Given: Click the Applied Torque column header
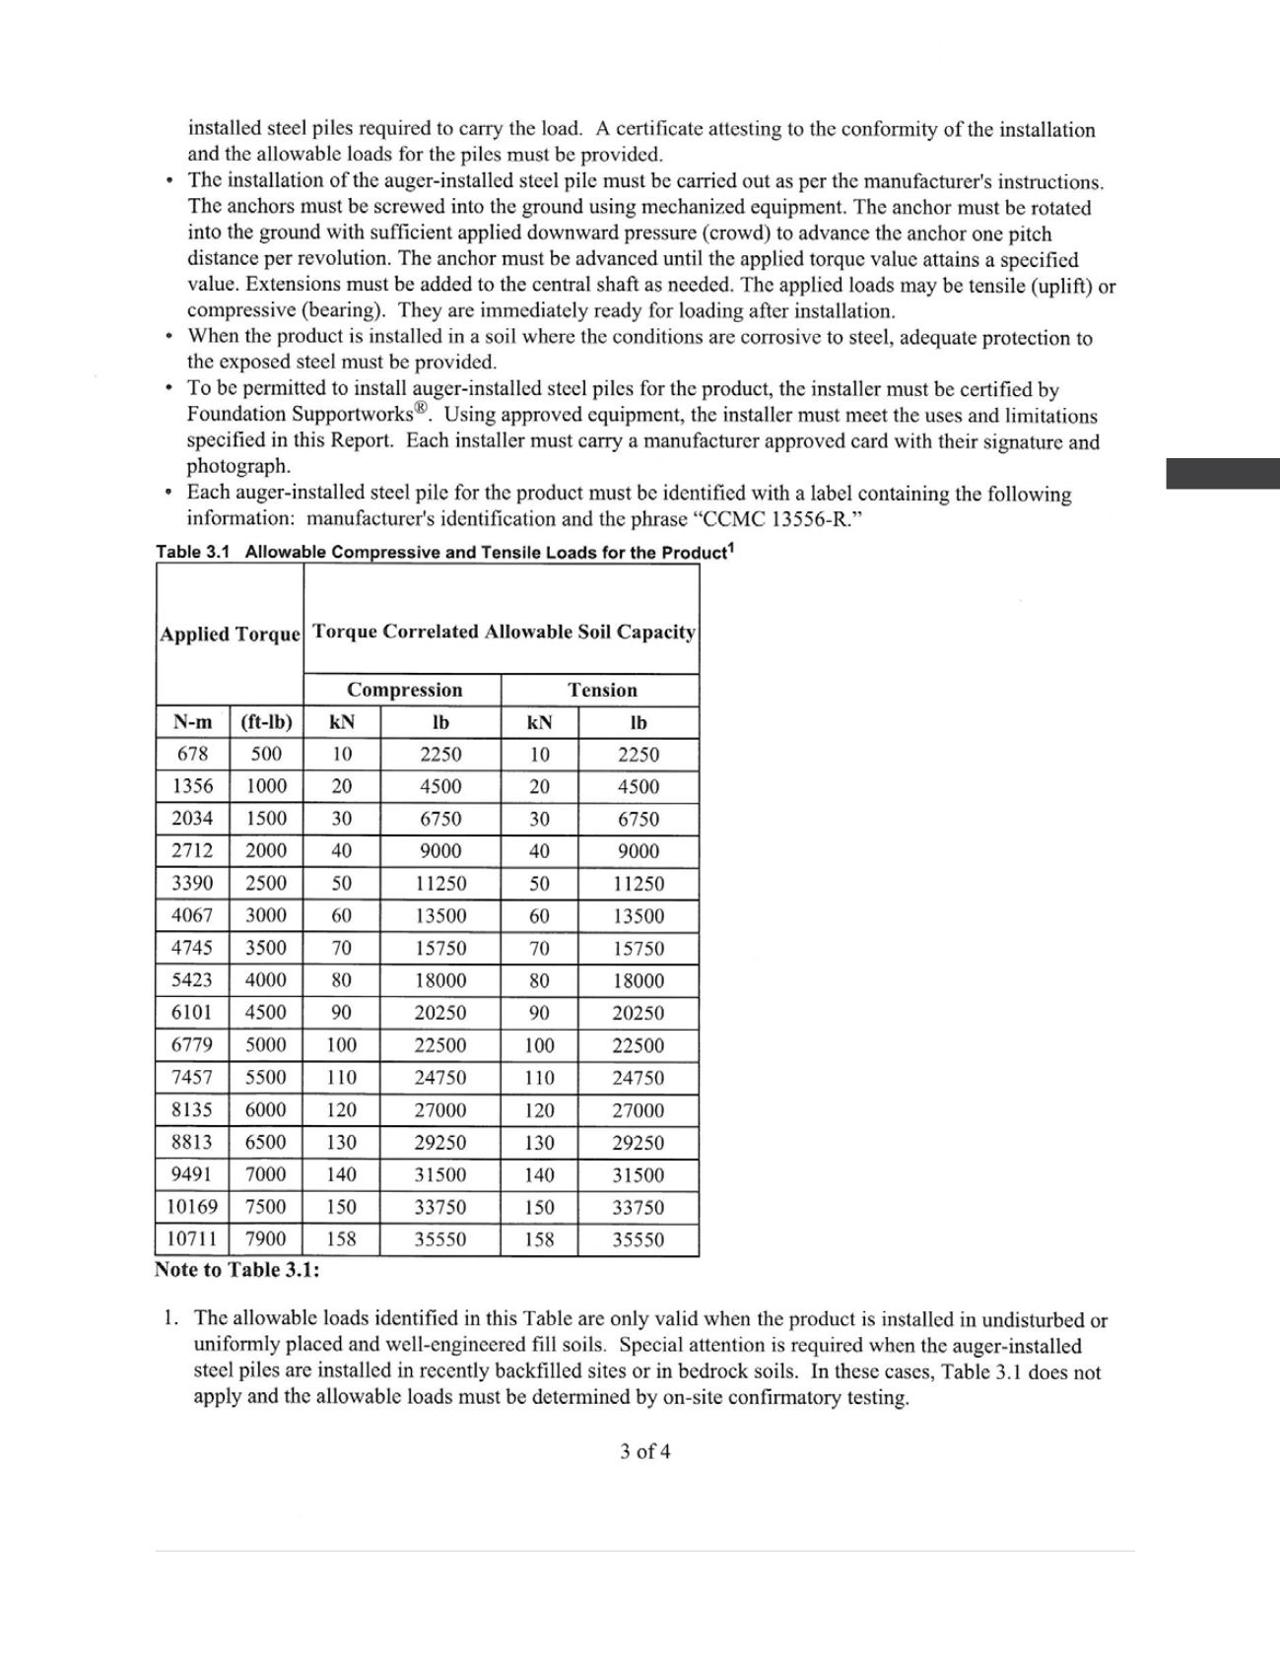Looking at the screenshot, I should point(230,633).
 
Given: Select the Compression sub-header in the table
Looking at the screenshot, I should point(404,690).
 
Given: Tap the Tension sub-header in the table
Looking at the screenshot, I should point(601,690).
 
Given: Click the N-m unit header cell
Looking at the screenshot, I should point(192,722).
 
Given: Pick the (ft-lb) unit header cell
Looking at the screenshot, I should point(266,722).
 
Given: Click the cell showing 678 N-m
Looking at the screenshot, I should point(192,754).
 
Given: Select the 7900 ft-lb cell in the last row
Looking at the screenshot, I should point(266,1239).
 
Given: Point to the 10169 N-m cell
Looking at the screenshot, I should point(192,1207).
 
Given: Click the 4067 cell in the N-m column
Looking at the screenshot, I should point(192,915).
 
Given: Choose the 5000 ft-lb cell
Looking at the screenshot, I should point(266,1044).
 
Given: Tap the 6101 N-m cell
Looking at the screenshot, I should point(192,1012).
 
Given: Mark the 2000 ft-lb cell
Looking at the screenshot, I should point(266,850).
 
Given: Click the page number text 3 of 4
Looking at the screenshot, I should point(645,1451).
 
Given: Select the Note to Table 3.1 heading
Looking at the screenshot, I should point(236,1269).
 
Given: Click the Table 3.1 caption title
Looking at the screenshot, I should point(444,552).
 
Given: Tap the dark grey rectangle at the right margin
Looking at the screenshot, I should point(1223,473).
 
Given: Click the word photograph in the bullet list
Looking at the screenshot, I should point(238,466).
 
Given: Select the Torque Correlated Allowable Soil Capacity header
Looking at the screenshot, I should point(504,632).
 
